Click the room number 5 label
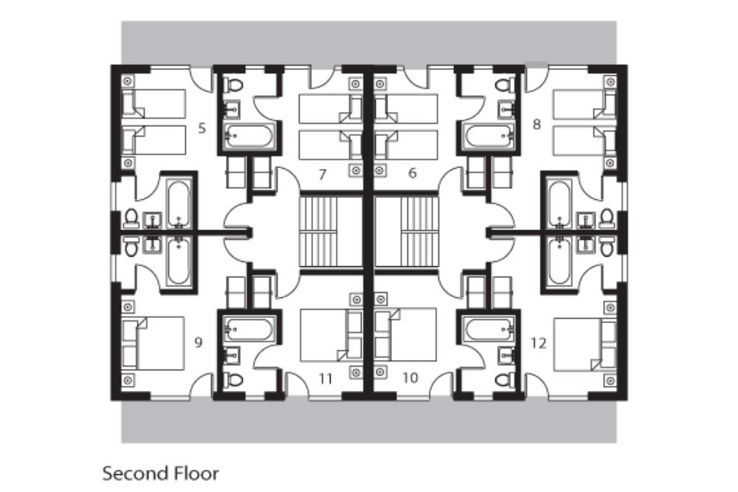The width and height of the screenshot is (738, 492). pos(201,128)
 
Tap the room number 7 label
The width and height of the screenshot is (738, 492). pos(322,174)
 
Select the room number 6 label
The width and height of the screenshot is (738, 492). pos(413,173)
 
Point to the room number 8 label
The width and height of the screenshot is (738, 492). pos(537,124)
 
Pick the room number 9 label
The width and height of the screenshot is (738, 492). pos(198,342)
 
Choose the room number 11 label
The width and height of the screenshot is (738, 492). pos(325,379)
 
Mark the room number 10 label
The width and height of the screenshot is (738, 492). pos(410,378)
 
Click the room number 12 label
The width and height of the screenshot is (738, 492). pos(539,343)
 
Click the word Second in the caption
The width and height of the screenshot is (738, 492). pos(129,473)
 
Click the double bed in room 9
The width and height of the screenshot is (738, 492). pos(153,343)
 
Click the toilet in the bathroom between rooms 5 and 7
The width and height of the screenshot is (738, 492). pos(235,86)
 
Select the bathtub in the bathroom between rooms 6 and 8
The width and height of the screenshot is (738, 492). pos(488,136)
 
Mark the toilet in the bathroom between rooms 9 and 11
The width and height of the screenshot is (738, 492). pos(235,379)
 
